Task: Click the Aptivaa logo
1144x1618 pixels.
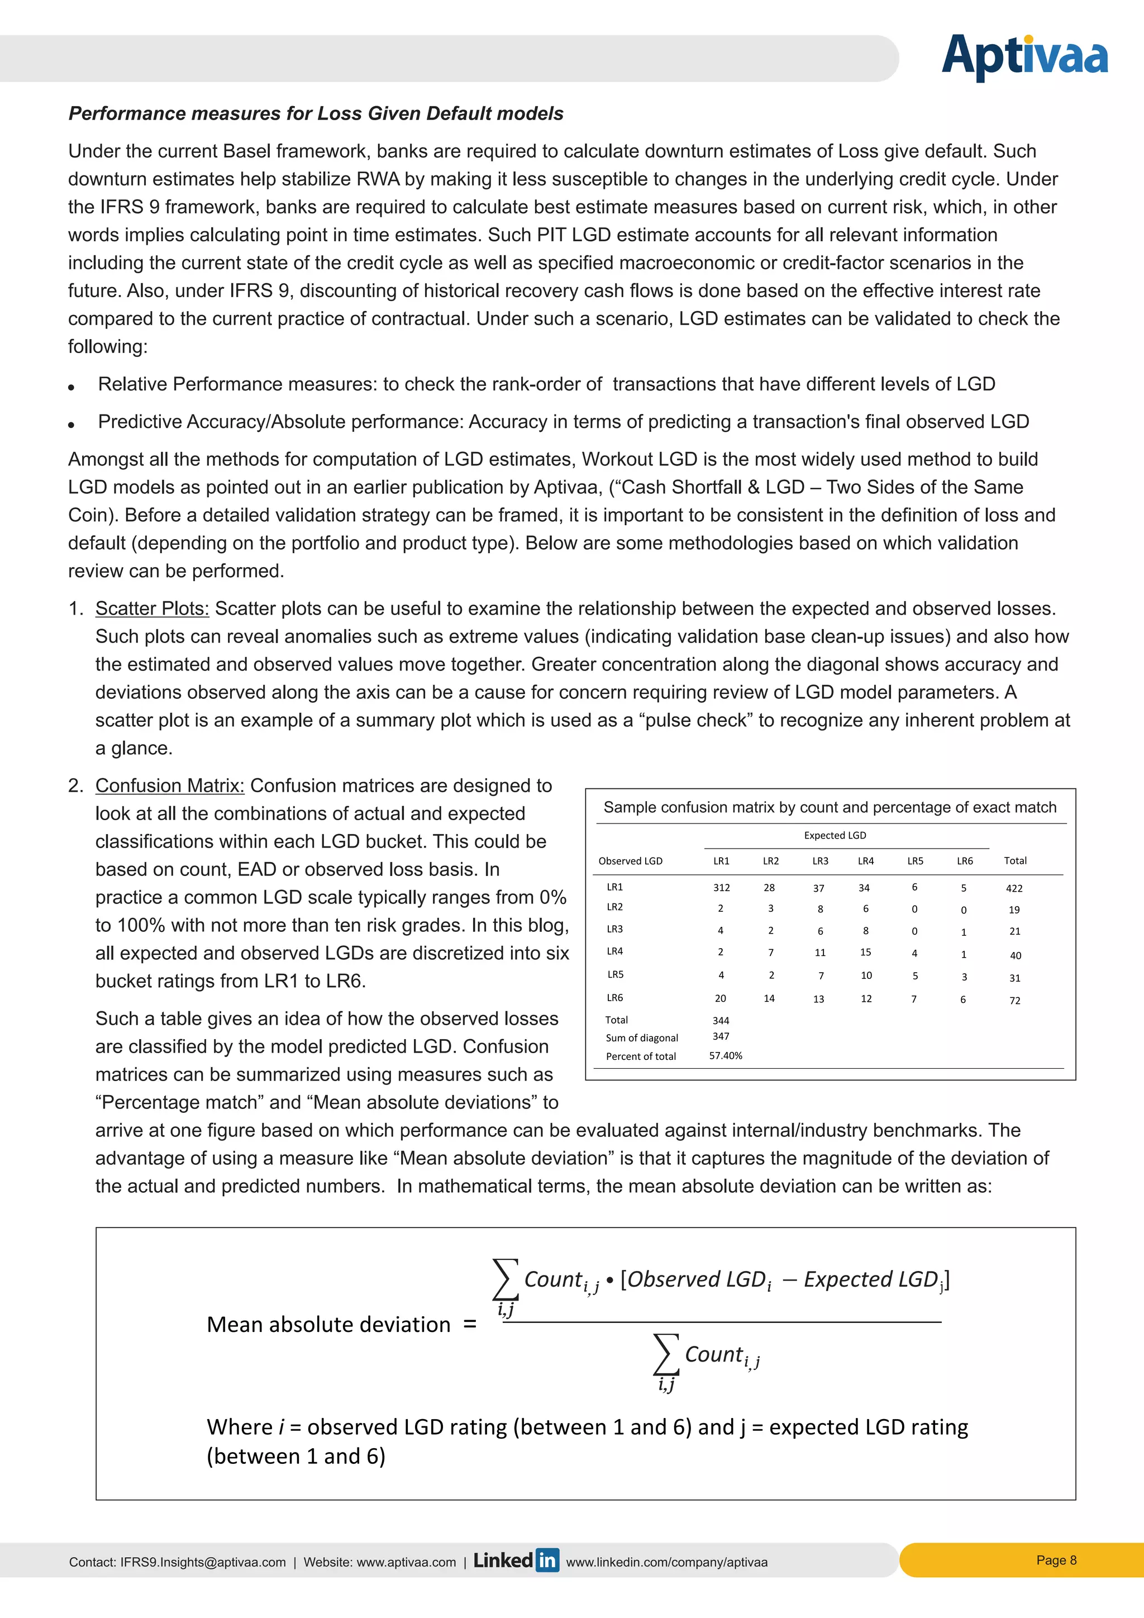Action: point(1024,56)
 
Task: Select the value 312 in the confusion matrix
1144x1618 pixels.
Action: point(721,888)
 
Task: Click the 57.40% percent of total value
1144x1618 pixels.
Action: point(726,1055)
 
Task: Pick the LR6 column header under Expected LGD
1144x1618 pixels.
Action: point(964,861)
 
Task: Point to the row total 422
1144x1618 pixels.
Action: point(1014,889)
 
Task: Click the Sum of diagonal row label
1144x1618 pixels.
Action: point(642,1038)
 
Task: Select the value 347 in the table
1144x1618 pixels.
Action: point(721,1036)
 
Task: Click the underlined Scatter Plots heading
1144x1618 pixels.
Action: point(152,608)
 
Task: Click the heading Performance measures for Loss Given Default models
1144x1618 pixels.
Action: point(316,113)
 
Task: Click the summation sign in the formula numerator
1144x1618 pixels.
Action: point(505,1279)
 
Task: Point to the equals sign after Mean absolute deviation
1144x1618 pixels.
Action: point(470,1325)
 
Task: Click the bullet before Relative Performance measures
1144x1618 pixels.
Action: point(71,387)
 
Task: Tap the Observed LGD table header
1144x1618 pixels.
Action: point(631,861)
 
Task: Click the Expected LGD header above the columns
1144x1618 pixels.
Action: point(835,835)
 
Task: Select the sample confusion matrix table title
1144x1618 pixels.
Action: point(830,807)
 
